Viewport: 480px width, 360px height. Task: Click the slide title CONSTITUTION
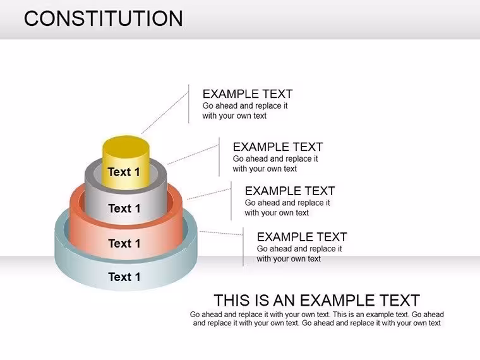pos(104,18)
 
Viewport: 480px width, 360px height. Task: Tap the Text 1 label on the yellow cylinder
pos(124,172)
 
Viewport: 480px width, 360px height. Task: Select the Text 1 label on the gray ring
pos(124,208)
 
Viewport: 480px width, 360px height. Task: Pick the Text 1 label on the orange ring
pos(124,244)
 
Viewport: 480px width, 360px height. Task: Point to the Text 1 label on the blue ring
pos(124,277)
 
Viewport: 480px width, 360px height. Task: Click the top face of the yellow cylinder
pos(126,147)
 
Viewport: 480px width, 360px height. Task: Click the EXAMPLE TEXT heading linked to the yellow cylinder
pos(248,93)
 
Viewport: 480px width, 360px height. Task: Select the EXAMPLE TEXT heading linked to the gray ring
pos(278,147)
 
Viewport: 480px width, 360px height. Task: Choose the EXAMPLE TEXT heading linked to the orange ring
pos(290,191)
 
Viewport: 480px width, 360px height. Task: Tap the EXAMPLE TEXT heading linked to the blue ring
pos(302,237)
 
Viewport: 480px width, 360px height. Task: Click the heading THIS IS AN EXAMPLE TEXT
pos(317,300)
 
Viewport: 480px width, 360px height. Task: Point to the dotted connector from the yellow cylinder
pos(165,112)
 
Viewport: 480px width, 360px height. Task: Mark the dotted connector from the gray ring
pos(193,155)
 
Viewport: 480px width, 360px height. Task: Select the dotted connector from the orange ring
pos(209,194)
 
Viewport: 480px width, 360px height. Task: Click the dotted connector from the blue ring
pos(221,233)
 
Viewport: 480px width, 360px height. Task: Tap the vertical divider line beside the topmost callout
pos(189,104)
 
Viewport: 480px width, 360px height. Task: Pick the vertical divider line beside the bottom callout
pos(243,247)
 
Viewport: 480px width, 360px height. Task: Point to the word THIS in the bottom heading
pos(232,300)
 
